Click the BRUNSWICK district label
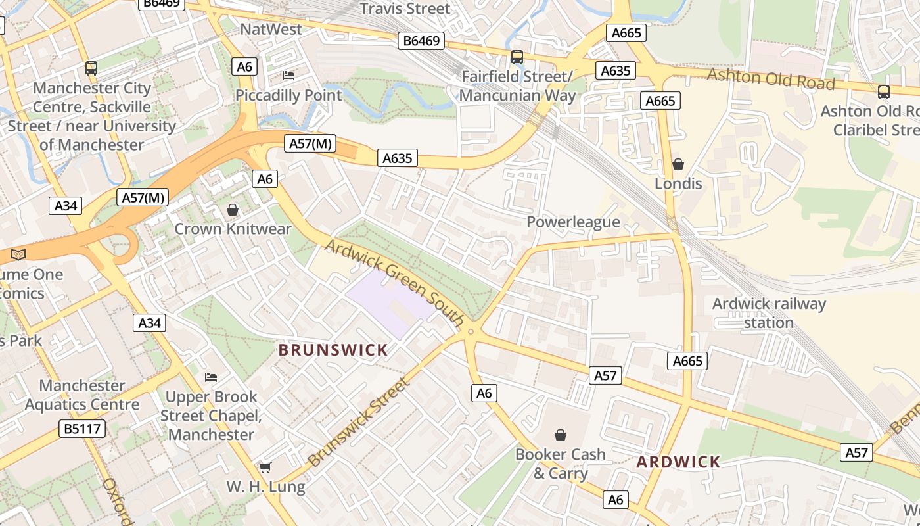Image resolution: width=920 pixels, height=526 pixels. click(333, 350)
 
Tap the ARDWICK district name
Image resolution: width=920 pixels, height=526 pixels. click(678, 462)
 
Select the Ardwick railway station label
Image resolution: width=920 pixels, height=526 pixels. click(769, 313)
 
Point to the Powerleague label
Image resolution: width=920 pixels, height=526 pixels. click(573, 222)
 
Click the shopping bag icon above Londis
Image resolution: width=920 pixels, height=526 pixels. click(678, 164)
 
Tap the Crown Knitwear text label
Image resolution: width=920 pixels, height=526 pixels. click(233, 229)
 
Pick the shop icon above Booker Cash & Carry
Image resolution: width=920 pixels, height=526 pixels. click(561, 435)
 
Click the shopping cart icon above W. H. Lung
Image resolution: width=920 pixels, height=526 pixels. click(265, 467)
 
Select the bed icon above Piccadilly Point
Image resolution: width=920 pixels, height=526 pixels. click(288, 76)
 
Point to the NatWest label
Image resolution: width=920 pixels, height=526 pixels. click(271, 29)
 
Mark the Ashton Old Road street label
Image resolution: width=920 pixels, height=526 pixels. click(771, 79)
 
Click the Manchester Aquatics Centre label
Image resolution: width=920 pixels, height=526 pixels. click(82, 394)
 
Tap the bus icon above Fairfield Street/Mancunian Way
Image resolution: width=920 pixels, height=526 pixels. click(517, 57)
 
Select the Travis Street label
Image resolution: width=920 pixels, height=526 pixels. click(405, 9)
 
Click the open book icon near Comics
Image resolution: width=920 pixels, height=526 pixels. click(18, 254)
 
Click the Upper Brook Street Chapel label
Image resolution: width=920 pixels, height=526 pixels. click(211, 416)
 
